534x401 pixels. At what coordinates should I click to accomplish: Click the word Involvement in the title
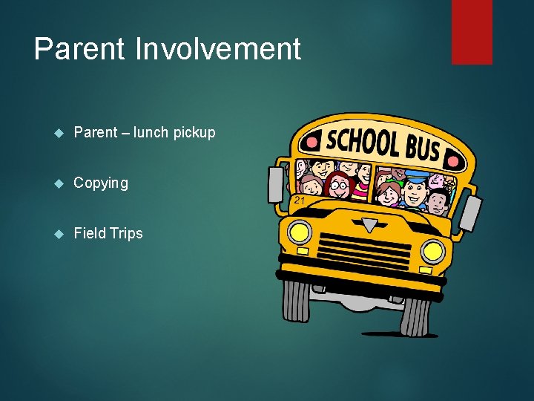(218, 50)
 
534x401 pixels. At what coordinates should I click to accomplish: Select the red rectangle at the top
(472, 31)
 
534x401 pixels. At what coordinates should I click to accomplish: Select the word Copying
(101, 183)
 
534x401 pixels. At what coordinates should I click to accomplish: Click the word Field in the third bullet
(90, 233)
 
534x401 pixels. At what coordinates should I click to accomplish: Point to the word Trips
(126, 233)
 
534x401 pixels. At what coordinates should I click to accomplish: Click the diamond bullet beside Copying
(60, 183)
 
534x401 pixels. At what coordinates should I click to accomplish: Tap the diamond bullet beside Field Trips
(60, 234)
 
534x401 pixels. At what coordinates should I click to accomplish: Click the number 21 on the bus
(298, 200)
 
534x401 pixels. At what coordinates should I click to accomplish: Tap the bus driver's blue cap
(416, 177)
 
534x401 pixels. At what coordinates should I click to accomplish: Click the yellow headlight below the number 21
(300, 232)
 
